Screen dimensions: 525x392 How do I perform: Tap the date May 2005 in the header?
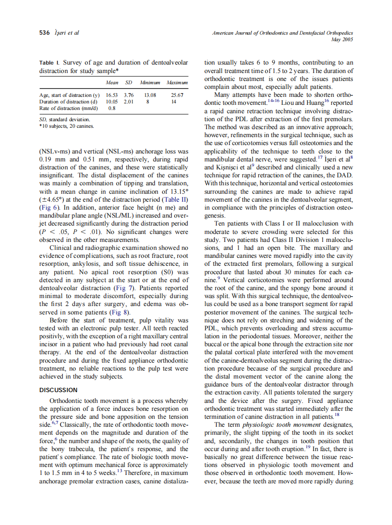[342, 39]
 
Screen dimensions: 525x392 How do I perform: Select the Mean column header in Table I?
[112, 82]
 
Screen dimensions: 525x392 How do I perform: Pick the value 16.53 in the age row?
[111, 95]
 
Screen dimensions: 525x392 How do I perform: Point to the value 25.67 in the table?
[177, 95]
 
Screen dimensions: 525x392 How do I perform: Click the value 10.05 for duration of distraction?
[111, 102]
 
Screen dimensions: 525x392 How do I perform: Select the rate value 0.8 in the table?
[112, 108]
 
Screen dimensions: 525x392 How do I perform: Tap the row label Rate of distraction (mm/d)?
[64, 108]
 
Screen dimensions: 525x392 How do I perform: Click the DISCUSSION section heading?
[58, 390]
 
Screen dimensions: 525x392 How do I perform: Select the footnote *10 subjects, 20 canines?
[66, 126]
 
